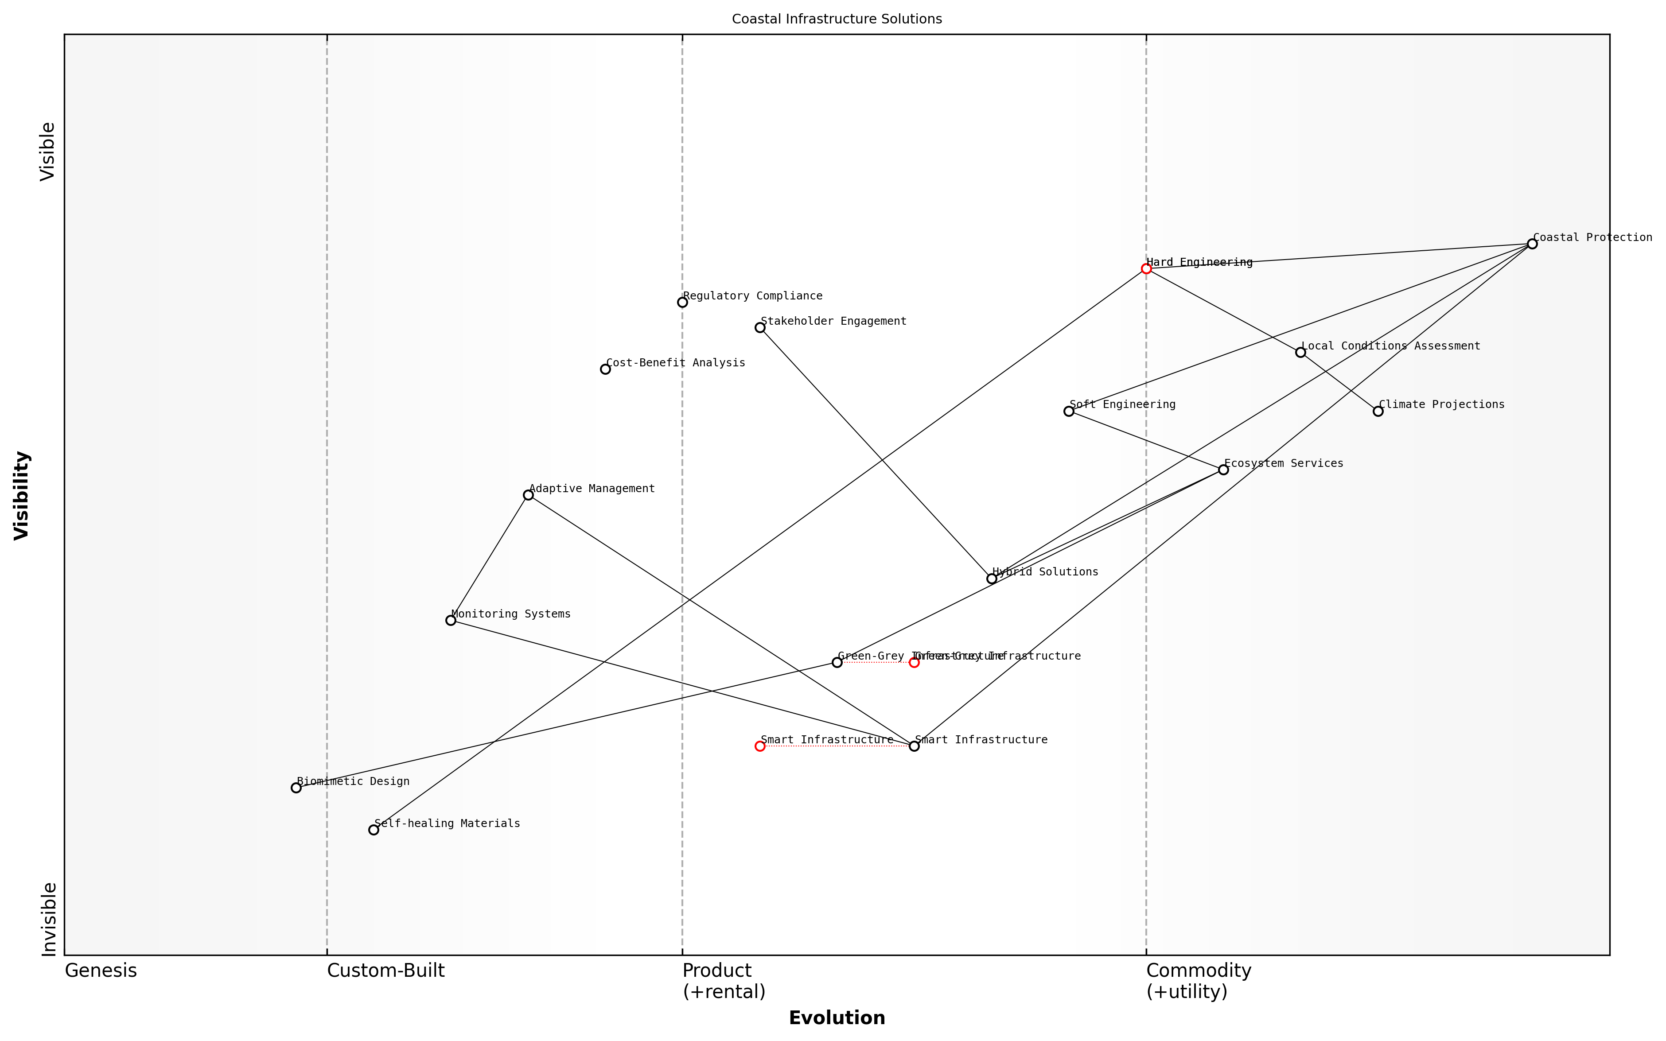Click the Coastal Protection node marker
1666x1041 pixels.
pos(1532,244)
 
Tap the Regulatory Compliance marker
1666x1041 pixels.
pos(682,302)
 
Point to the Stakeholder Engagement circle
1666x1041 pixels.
pos(760,328)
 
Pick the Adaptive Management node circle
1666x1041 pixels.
pos(528,495)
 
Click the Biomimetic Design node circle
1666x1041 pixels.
pos(296,788)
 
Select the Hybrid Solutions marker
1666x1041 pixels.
pos(991,579)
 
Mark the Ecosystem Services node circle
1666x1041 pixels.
pos(1223,470)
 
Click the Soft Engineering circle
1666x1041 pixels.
pos(1068,411)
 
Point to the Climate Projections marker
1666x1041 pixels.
pos(1378,411)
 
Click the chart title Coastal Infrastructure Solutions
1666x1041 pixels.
pos(837,19)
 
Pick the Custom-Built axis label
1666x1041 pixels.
pos(385,971)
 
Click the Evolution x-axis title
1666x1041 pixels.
pos(837,1018)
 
